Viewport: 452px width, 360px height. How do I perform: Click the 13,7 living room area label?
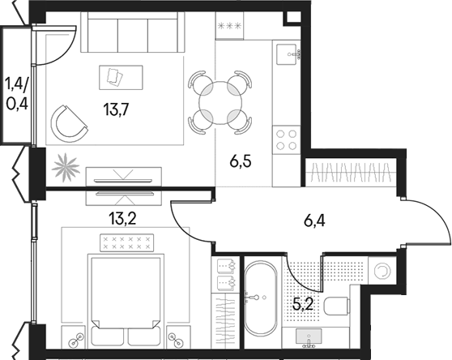click(x=116, y=112)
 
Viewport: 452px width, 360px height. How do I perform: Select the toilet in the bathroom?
click(x=340, y=305)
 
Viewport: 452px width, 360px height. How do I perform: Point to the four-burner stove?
click(x=286, y=140)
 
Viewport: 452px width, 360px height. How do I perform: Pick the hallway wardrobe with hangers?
click(x=354, y=173)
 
